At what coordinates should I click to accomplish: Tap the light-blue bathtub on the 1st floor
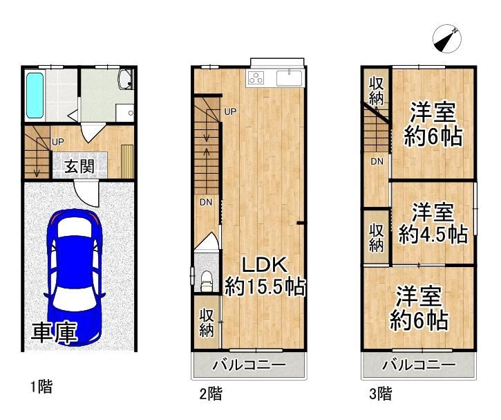[x=35, y=95]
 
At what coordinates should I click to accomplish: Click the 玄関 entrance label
[x=79, y=166]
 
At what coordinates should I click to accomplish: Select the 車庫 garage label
[x=55, y=333]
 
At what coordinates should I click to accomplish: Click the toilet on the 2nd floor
[x=207, y=281]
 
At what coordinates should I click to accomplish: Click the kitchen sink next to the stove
[x=289, y=78]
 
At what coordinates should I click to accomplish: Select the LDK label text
[x=264, y=265]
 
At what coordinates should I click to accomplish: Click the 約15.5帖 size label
[x=265, y=286]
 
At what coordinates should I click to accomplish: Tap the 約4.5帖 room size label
[x=433, y=235]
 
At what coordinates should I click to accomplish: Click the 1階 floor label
[x=41, y=387]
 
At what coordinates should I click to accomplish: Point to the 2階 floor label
[x=211, y=394]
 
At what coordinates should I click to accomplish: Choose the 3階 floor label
[x=381, y=394]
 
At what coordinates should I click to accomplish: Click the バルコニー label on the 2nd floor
[x=249, y=365]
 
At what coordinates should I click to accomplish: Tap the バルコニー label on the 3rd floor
[x=419, y=365]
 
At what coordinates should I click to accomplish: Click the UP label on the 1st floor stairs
[x=58, y=142]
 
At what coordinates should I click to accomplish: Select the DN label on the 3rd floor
[x=377, y=161]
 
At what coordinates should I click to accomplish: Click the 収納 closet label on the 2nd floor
[x=207, y=323]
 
